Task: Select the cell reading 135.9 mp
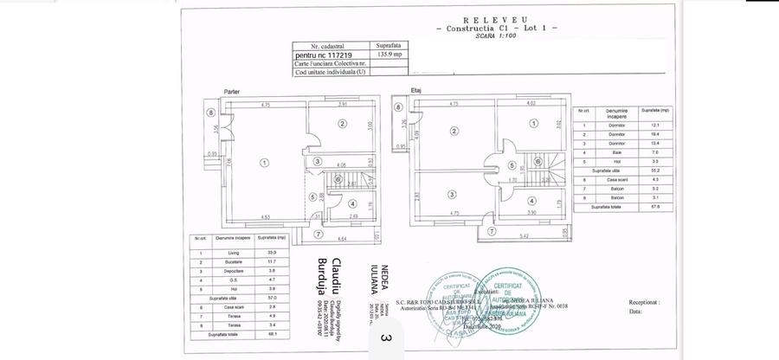tap(386, 53)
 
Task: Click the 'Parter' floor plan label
tap(231, 91)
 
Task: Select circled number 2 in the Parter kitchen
tap(343, 125)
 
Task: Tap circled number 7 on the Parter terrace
tap(318, 234)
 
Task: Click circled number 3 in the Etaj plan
tap(452, 193)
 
